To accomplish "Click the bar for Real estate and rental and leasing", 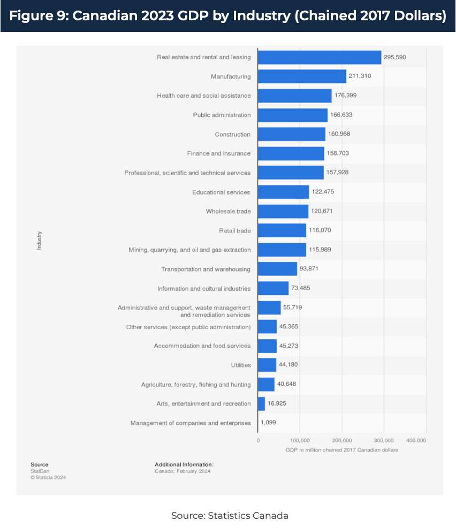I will pyautogui.click(x=320, y=57).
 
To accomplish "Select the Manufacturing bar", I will pyautogui.click(x=302, y=76).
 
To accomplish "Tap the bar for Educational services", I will pyautogui.click(x=283, y=192).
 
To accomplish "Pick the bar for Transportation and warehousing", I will pyautogui.click(x=277, y=269).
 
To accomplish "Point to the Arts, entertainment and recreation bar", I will pyautogui.click(x=261, y=403).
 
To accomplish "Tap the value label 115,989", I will pyautogui.click(x=323, y=250).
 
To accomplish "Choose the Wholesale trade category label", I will pyautogui.click(x=228, y=211).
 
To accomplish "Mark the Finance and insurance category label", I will pyautogui.click(x=218, y=153).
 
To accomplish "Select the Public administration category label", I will pyautogui.click(x=222, y=115).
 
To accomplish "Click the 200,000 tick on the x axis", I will pyautogui.click(x=342, y=440).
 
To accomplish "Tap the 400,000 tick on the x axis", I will pyautogui.click(x=416, y=440).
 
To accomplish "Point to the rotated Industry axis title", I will pyautogui.click(x=39, y=240).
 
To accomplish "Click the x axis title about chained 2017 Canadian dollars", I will pyautogui.click(x=341, y=450).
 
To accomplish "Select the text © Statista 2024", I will pyautogui.click(x=48, y=477).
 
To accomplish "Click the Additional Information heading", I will pyautogui.click(x=184, y=464).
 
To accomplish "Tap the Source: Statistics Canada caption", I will pyautogui.click(x=230, y=516).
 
